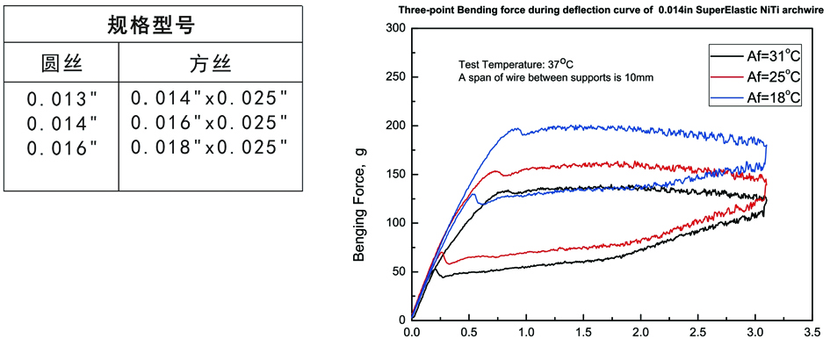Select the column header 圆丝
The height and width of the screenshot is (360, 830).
pos(61,64)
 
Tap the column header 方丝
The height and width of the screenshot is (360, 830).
pos(209,64)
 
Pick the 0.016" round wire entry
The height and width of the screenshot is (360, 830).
pos(60,148)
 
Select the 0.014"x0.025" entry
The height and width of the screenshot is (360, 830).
pos(209,97)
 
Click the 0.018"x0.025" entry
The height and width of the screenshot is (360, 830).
pos(209,147)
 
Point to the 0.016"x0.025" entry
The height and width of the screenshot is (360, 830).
pos(209,122)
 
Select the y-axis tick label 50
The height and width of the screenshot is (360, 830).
pos(398,272)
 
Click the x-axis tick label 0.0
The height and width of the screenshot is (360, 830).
pos(411,334)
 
